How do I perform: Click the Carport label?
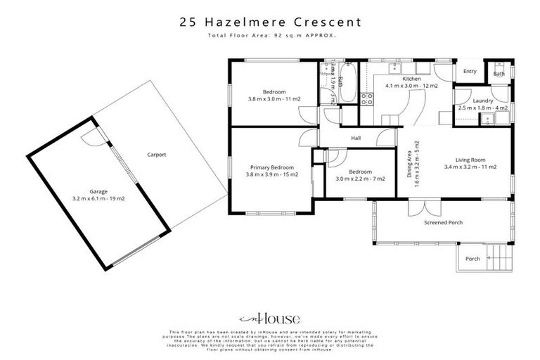(x=156, y=155)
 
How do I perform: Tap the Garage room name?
(x=98, y=191)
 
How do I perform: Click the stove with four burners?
(x=366, y=99)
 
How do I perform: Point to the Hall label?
(x=356, y=139)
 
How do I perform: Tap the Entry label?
(x=470, y=72)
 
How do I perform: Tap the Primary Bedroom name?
(x=271, y=167)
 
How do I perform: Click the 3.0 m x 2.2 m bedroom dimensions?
(x=360, y=179)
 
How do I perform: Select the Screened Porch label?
(x=442, y=223)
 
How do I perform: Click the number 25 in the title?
(x=188, y=22)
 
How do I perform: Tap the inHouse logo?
(x=270, y=318)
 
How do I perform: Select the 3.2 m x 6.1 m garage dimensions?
(x=98, y=199)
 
